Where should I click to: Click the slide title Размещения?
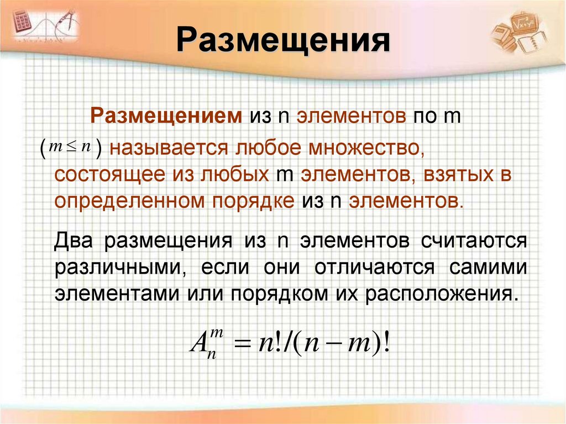tap(283, 42)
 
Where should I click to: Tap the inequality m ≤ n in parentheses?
tap(70, 147)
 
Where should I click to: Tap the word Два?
tap(73, 241)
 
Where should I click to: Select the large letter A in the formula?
tap(198, 347)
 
